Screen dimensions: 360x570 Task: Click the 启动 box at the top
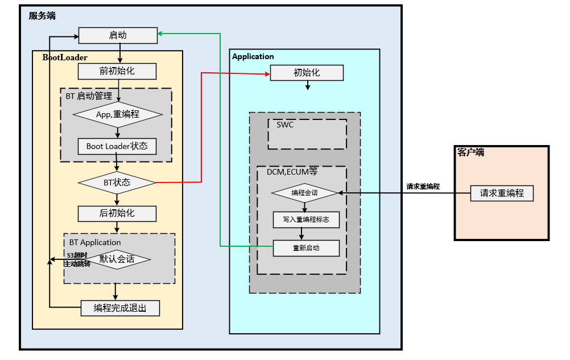tap(118, 35)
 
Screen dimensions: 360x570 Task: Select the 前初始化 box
tap(117, 71)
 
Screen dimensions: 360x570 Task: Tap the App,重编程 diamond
tap(118, 114)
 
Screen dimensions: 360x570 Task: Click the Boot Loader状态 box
tap(117, 146)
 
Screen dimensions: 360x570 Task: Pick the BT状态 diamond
tap(117, 183)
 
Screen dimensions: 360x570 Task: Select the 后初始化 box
tap(117, 213)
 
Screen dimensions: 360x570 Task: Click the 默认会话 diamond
tap(117, 259)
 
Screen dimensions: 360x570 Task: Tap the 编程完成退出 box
tap(120, 308)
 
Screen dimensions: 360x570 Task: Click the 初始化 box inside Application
tap(307, 73)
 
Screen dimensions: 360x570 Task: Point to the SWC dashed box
tap(307, 134)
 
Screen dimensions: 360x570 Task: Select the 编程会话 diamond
tap(305, 193)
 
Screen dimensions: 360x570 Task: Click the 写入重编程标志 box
tap(306, 219)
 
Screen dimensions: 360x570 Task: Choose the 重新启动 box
tap(306, 248)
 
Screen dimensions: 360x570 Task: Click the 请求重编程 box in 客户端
tap(502, 193)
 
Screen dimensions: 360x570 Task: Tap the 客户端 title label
tap(471, 152)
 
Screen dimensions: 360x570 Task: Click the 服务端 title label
tap(42, 16)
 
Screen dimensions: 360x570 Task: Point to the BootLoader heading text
tap(65, 57)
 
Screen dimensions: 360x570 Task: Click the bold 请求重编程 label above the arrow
tap(423, 186)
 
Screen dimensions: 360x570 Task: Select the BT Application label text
tap(95, 242)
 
